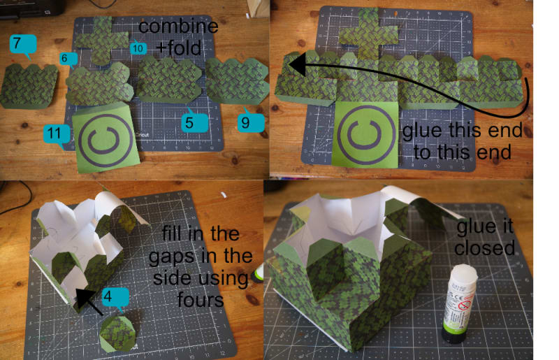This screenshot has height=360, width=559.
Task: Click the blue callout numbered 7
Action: (x=22, y=44)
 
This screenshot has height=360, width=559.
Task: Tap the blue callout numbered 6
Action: (x=68, y=59)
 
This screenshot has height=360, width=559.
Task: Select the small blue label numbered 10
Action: (x=138, y=48)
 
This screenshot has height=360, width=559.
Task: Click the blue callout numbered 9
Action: (x=251, y=122)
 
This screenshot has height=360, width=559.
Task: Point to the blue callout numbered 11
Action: (x=57, y=134)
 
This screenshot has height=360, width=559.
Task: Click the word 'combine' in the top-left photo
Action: (x=178, y=27)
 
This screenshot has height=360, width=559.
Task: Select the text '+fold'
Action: (x=179, y=48)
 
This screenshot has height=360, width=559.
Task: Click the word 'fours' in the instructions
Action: (x=201, y=299)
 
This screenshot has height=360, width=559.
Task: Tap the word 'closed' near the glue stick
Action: (x=485, y=248)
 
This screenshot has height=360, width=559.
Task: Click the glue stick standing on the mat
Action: (x=459, y=303)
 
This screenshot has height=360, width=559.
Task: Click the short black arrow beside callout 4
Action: (x=89, y=301)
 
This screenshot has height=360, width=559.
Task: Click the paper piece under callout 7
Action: (x=29, y=86)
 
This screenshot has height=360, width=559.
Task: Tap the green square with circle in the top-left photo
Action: (x=106, y=138)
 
